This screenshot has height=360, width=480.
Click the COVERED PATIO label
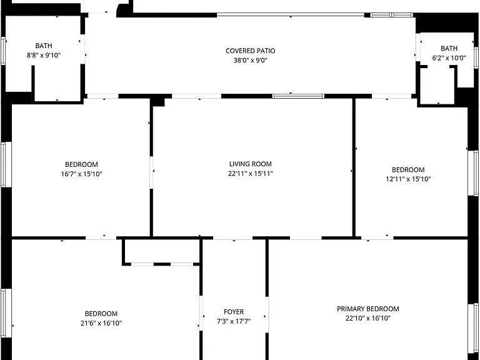[x=251, y=51]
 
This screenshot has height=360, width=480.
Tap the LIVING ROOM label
[x=251, y=164]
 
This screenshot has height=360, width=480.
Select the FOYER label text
[x=234, y=312]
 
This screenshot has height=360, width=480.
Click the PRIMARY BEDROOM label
[x=368, y=309]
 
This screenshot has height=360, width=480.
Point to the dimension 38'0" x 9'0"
[x=251, y=60]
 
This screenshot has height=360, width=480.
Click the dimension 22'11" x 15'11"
[x=251, y=174]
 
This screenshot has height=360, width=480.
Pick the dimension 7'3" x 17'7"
[x=234, y=321]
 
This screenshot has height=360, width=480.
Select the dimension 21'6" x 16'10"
[x=101, y=323]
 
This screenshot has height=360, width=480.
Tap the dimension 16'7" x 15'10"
[x=81, y=174]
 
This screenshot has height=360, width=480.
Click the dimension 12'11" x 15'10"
[x=408, y=179]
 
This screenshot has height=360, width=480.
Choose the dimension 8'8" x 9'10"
[x=44, y=56]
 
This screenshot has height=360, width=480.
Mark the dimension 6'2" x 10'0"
[x=449, y=58]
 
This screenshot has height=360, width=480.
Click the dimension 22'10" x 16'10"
[x=368, y=318]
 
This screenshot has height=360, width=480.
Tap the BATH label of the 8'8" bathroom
[x=44, y=46]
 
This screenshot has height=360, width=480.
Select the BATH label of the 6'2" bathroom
[x=449, y=48]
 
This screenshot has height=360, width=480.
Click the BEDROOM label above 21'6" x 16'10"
[x=101, y=314]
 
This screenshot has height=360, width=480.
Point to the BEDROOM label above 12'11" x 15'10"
[x=408, y=169]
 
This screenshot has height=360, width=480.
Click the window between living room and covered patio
[x=298, y=96]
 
